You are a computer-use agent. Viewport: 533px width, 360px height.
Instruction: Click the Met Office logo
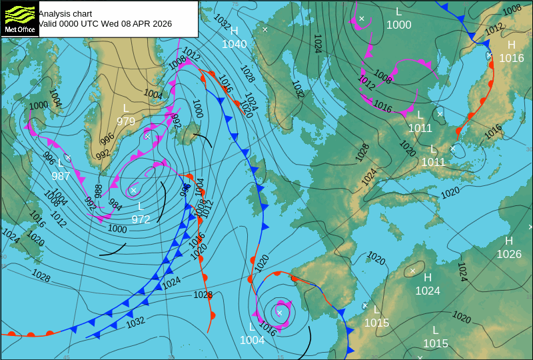pos(19,18)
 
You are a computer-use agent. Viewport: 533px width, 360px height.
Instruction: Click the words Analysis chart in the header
pos(65,13)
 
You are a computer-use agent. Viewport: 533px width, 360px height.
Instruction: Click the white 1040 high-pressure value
pos(235,45)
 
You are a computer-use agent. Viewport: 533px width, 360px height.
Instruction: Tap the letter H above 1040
pos(235,31)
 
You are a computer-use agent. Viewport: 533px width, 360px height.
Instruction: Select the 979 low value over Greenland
pos(126,121)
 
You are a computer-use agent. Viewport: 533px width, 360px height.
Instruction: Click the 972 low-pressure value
pos(141,219)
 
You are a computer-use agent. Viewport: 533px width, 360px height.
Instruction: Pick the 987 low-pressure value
pos(61,176)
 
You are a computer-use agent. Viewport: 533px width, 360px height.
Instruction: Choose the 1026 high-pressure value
pos(509,254)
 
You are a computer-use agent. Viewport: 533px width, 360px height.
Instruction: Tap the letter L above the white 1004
pos(252,327)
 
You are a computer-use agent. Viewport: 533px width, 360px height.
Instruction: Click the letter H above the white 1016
pos(512,45)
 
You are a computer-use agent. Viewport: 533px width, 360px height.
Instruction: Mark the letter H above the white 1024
pos(428,277)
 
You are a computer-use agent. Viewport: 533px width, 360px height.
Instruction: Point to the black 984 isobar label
pos(115,205)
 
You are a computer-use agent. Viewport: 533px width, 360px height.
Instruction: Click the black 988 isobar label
pos(98,191)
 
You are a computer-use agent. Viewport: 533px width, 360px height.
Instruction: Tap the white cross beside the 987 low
pos(67,158)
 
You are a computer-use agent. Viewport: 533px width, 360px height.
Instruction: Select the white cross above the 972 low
pos(133,191)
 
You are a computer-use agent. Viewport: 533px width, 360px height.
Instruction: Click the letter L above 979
pos(126,108)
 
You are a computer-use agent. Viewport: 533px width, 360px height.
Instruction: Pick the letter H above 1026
pos(509,241)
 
